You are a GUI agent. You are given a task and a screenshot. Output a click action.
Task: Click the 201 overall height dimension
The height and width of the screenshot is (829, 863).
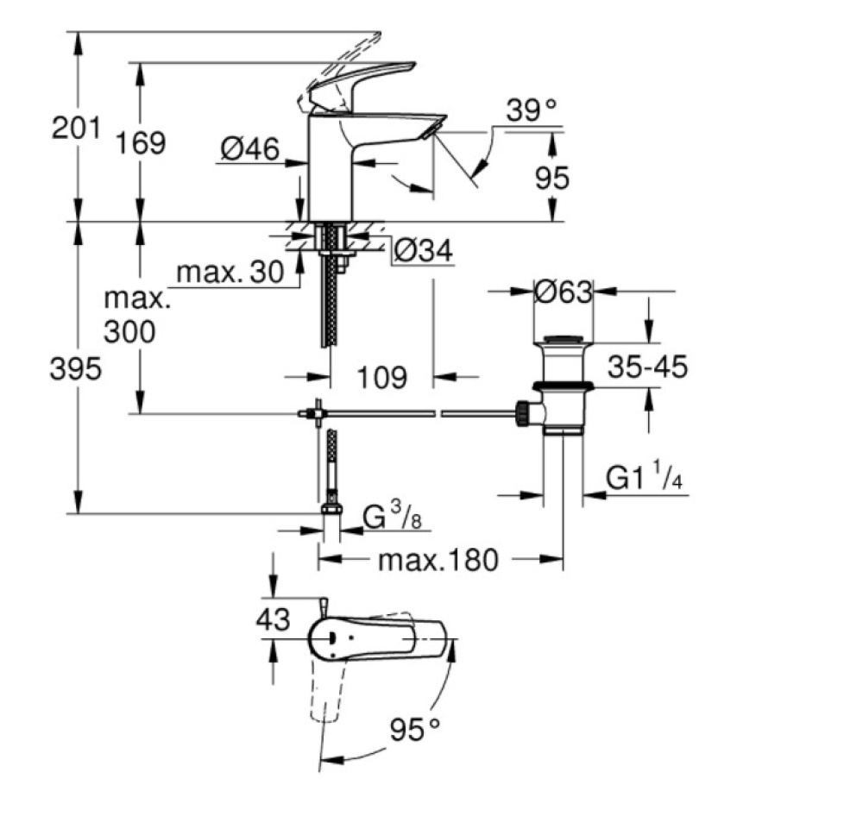tap(76, 130)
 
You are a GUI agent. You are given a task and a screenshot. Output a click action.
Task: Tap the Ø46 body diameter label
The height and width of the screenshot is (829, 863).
tap(250, 150)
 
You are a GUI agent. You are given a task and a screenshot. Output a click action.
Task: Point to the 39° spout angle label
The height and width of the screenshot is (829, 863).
tap(532, 110)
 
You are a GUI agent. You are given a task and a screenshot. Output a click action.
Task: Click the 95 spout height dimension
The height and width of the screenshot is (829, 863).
tap(551, 179)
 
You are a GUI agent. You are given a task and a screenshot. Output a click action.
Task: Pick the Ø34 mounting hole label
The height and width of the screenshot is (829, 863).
tap(423, 250)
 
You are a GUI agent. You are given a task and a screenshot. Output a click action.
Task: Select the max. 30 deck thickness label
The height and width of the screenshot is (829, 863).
tap(230, 273)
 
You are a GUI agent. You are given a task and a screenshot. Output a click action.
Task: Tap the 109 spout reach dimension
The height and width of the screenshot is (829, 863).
tap(381, 377)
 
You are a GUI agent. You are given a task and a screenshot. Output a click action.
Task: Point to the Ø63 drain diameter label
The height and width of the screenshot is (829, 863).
tap(563, 292)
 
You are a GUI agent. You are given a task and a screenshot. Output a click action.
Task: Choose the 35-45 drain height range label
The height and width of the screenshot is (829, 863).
tap(647, 368)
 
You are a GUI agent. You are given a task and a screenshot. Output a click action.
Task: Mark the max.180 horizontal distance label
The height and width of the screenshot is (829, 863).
tap(438, 561)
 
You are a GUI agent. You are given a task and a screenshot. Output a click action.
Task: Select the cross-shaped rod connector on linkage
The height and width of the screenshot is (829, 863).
tap(318, 413)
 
